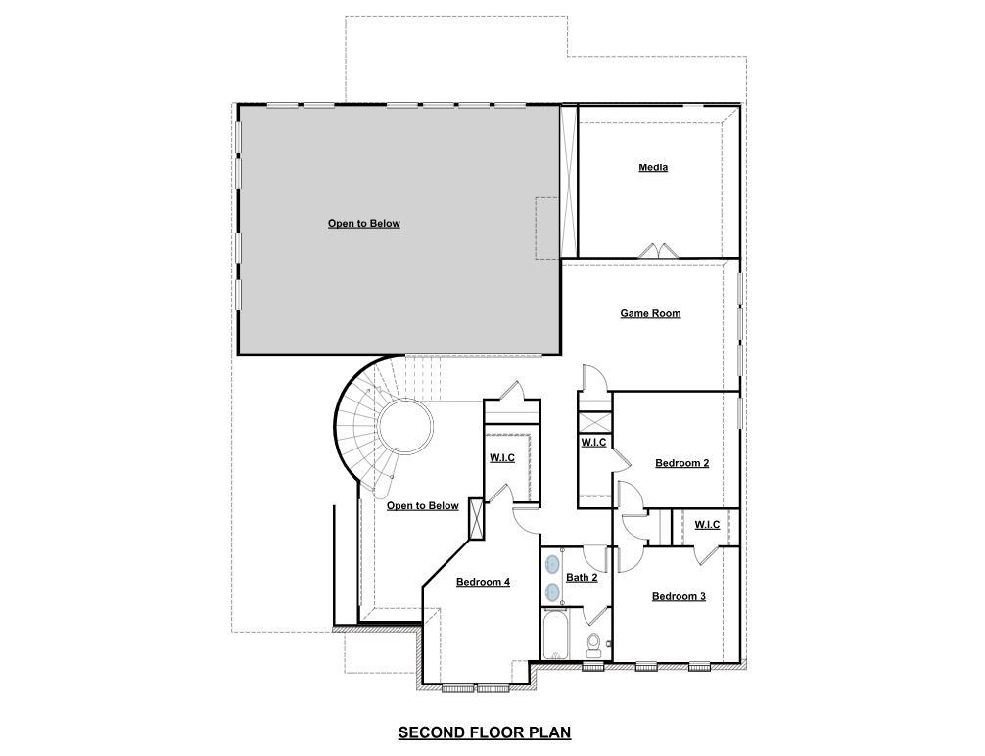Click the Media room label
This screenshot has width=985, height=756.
(x=653, y=167)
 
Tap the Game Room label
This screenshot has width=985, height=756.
(x=650, y=313)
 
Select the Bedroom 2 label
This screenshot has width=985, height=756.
(x=682, y=463)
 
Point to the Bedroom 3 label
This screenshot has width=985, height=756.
(x=679, y=596)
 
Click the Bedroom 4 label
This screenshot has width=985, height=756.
(x=483, y=582)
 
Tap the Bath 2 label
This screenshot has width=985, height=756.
(x=582, y=577)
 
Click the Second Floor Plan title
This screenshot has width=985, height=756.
(x=484, y=732)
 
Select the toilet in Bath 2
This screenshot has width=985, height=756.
(x=593, y=644)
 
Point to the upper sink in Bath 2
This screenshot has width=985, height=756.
(x=552, y=565)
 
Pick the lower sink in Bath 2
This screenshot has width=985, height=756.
(x=552, y=591)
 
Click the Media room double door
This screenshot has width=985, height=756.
(x=657, y=251)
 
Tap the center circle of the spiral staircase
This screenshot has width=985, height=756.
(x=406, y=426)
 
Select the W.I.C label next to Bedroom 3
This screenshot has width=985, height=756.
(x=707, y=524)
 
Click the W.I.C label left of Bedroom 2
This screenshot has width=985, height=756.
(x=593, y=442)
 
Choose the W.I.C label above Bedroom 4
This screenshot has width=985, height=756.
(x=502, y=457)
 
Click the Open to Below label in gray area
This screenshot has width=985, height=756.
(x=364, y=223)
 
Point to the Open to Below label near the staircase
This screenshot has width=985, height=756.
(x=422, y=505)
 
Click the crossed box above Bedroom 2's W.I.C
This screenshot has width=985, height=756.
(x=594, y=422)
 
